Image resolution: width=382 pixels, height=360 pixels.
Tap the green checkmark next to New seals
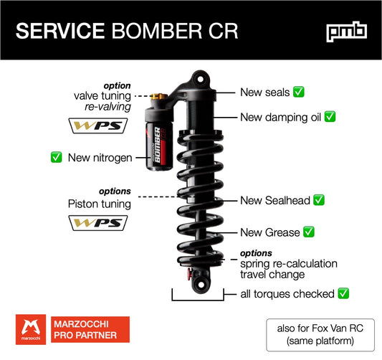point(299,92)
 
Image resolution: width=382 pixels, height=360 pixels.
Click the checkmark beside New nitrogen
point(55,157)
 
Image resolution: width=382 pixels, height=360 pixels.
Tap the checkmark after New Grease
point(309,232)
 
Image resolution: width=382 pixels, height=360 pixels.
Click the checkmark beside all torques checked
point(343,293)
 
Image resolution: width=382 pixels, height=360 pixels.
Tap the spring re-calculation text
point(288,263)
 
